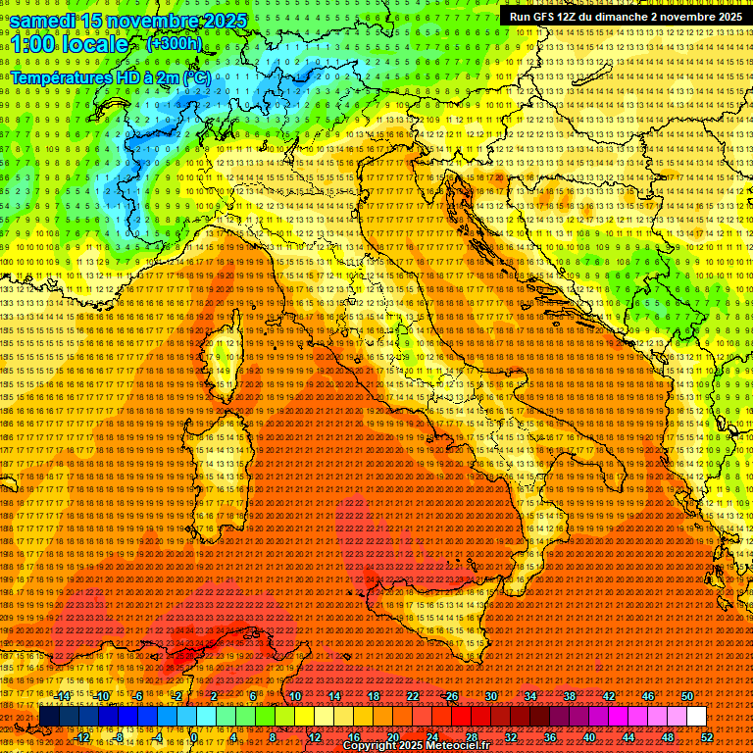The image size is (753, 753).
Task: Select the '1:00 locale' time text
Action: click(x=70, y=44)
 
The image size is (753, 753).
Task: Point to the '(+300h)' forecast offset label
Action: click(x=174, y=43)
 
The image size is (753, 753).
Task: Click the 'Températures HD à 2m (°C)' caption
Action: click(x=111, y=76)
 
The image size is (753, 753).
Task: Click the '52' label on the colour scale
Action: click(x=707, y=737)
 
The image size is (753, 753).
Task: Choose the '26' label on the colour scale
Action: click(x=452, y=695)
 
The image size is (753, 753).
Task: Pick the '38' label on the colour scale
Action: click(x=570, y=695)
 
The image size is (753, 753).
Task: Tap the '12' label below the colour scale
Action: click(x=315, y=737)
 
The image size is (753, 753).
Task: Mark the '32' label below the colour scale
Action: click(x=511, y=737)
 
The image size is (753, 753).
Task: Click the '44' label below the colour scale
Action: click(x=628, y=737)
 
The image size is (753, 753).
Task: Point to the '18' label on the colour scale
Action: click(x=374, y=695)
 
